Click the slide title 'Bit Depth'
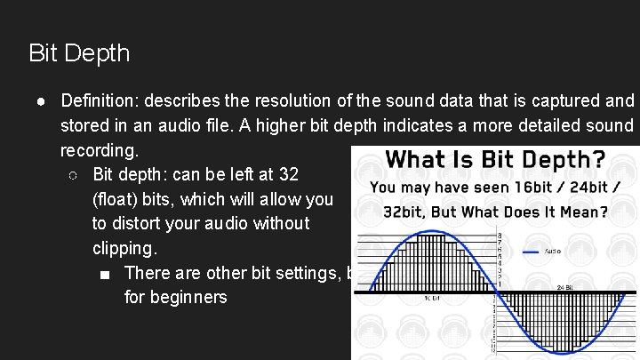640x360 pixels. [x=79, y=53]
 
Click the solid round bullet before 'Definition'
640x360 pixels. [x=43, y=100]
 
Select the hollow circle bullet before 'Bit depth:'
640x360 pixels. [x=75, y=173]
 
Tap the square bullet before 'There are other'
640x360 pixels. [x=107, y=273]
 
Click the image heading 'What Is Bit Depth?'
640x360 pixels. [x=495, y=160]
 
